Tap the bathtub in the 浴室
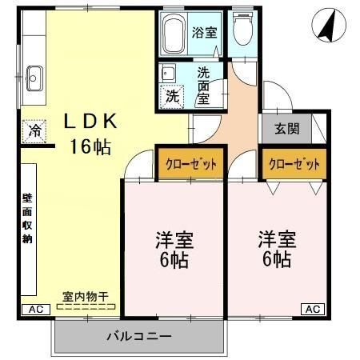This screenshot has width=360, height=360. point(174,34)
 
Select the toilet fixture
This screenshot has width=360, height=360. point(242,33)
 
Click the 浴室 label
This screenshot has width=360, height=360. point(205,33)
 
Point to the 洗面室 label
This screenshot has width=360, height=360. point(203,84)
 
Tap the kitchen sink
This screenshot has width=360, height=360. point(34,78)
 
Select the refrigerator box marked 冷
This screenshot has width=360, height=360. point(34,130)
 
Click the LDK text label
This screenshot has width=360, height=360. point(92,122)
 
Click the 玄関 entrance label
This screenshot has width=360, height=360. point(286,128)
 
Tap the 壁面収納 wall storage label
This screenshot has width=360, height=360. point(26,218)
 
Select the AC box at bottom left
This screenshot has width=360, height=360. point(35,309)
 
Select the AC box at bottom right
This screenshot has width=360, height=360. point(313,309)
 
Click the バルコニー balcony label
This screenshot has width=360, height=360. point(138,336)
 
